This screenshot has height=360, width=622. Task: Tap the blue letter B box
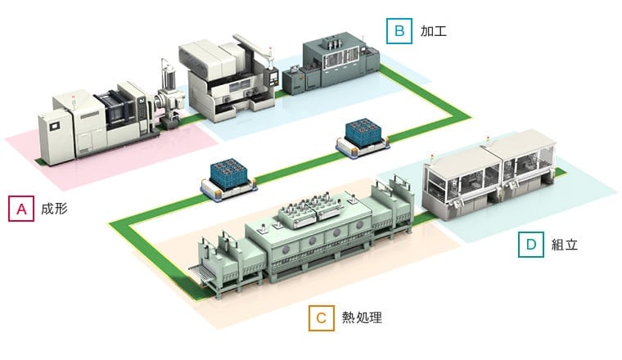pyautogui.click(x=399, y=31)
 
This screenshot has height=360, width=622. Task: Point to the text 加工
pyautogui.click(x=433, y=32)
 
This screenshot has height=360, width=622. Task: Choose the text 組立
pyautogui.click(x=565, y=244)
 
